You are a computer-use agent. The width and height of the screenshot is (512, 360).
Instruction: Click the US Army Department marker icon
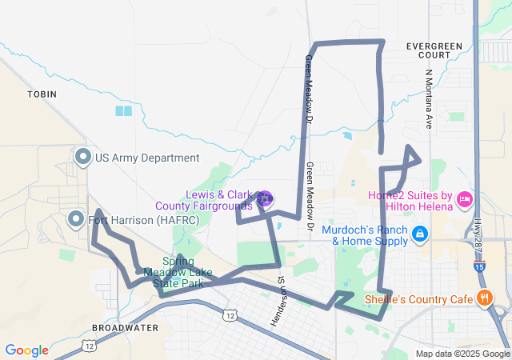click(x=82, y=158)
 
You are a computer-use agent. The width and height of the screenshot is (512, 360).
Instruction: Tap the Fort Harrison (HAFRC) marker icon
click(x=76, y=218)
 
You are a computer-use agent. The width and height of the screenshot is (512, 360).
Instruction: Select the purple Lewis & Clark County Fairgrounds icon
click(x=266, y=198)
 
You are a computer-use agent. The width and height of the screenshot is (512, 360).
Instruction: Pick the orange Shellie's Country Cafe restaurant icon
click(x=483, y=299)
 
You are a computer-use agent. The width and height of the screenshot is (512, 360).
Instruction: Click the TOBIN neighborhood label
click(x=42, y=94)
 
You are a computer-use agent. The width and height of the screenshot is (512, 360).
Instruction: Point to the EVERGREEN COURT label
click(x=434, y=51)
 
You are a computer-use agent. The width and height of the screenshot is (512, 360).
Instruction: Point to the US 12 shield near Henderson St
click(x=230, y=316)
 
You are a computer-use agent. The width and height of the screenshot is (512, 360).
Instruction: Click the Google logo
click(x=26, y=350)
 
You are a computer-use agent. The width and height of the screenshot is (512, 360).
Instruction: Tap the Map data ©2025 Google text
click(x=462, y=354)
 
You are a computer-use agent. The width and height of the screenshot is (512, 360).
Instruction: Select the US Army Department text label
click(x=147, y=158)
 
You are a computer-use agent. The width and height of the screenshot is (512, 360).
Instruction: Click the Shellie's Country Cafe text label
click(x=418, y=300)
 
